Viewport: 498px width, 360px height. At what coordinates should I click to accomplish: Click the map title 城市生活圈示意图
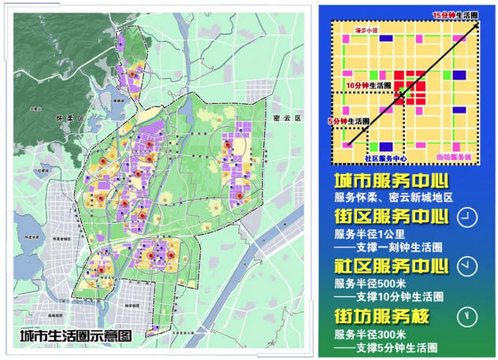coord(76,335)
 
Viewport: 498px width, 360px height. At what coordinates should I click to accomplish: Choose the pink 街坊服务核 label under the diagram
coord(455,158)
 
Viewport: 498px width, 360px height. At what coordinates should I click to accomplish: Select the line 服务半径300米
coord(372,333)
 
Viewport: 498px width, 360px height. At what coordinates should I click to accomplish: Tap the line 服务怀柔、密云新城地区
coord(396,197)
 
